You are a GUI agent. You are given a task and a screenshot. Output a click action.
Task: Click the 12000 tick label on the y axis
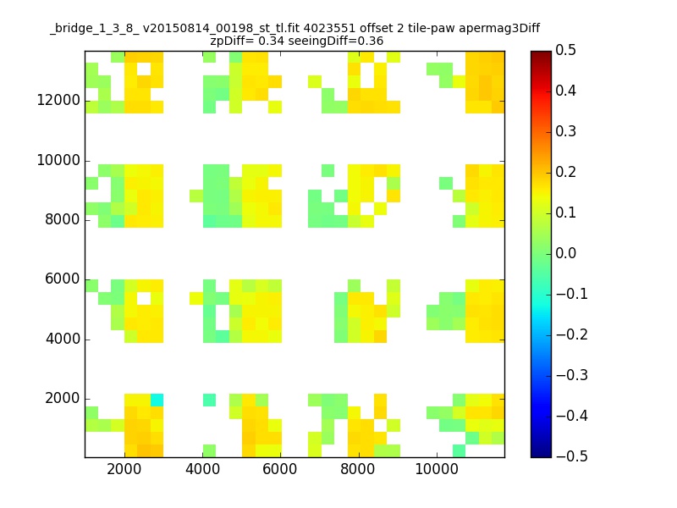tap(58, 100)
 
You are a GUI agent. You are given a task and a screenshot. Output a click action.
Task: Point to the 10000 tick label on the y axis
tap(58, 160)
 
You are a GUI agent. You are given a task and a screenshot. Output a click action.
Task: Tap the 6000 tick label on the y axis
tap(62, 279)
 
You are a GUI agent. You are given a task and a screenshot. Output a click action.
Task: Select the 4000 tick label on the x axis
tap(202, 469)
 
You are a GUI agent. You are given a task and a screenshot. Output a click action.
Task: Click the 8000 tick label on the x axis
tap(357, 469)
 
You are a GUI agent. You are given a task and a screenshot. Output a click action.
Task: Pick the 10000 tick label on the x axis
tap(437, 469)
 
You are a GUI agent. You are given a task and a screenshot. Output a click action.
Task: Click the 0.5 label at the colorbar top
tap(565, 50)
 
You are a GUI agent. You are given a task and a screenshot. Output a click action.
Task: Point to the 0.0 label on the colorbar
tap(565, 253)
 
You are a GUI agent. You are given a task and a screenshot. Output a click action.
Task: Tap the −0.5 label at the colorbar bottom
tap(572, 456)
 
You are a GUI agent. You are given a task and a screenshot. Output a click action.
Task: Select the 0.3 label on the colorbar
tap(565, 131)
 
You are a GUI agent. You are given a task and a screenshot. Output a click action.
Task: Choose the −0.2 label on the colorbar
tap(572, 334)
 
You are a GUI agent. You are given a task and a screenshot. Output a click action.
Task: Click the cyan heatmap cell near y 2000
tap(157, 400)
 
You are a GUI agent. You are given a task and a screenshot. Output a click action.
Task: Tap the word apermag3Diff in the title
tap(499, 29)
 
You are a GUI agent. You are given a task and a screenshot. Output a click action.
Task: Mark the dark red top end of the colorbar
tap(541, 53)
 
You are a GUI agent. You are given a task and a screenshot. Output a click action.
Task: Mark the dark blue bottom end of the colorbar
tap(541, 455)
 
